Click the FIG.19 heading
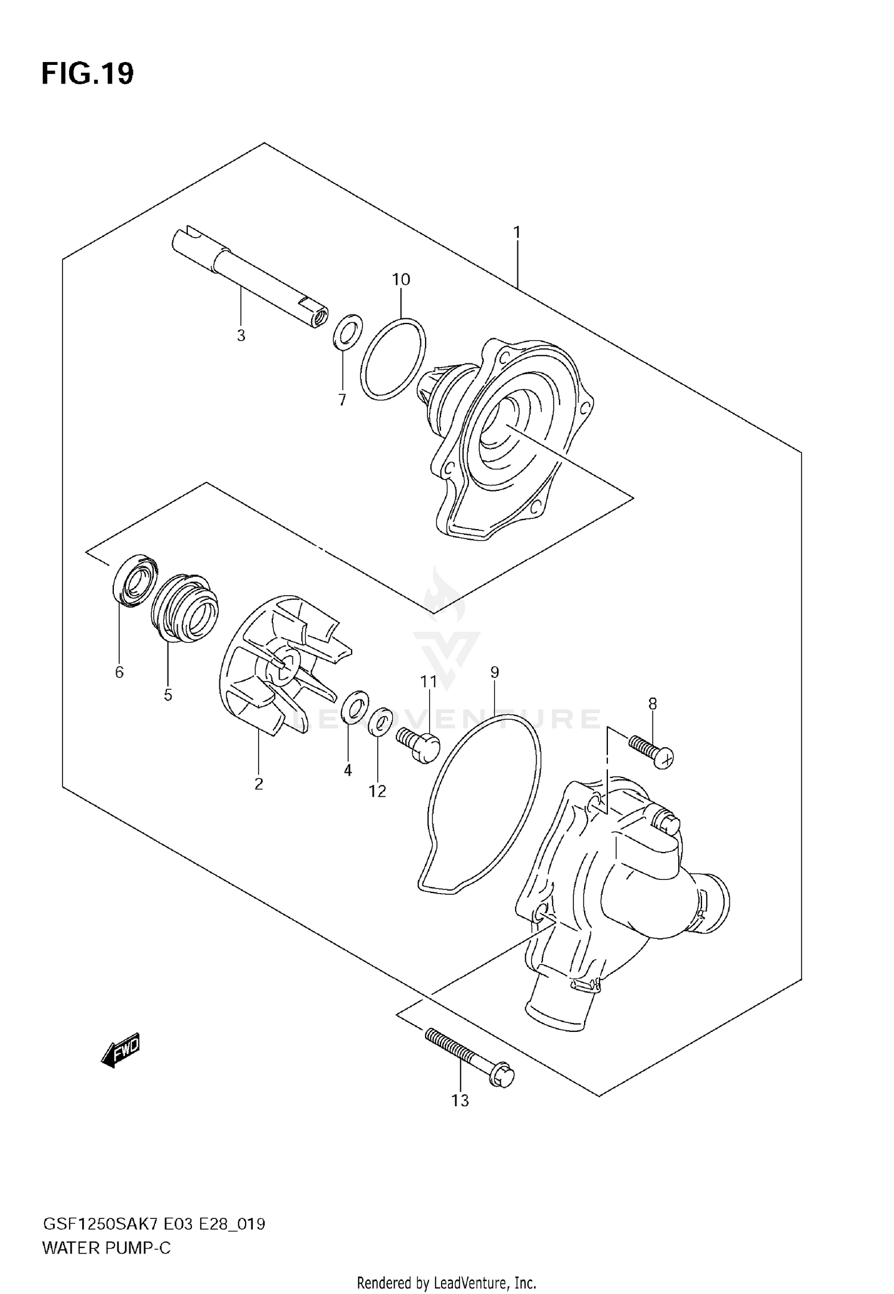(x=88, y=74)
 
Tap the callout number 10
(x=401, y=279)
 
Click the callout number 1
(x=517, y=232)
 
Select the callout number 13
(x=460, y=1101)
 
